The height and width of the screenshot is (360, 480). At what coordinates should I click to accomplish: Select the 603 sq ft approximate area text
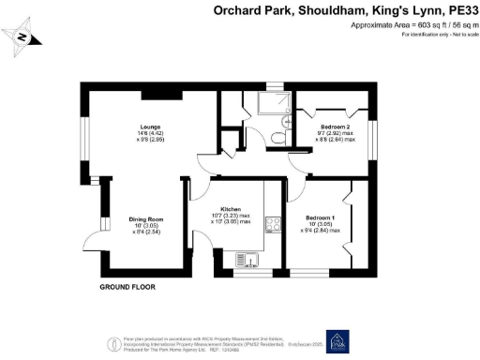(424, 25)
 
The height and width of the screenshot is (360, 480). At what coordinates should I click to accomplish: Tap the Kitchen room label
(232, 209)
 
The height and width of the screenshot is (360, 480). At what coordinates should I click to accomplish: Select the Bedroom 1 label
(323, 217)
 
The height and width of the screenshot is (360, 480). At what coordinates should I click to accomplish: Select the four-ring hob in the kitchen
(275, 224)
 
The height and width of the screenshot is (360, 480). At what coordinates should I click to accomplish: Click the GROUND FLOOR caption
(127, 286)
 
